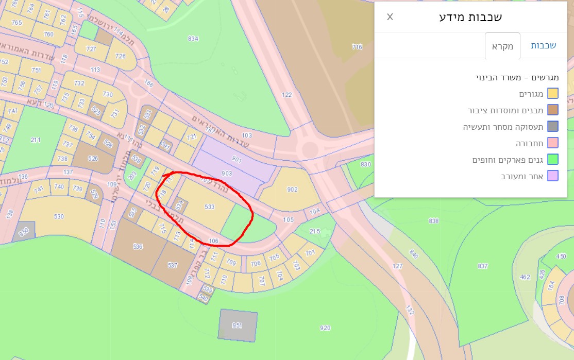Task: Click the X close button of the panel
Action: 390,16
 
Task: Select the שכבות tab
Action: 543,46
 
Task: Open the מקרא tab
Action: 502,46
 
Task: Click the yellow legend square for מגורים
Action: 553,94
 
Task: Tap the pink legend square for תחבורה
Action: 553,143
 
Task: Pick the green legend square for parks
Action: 553,160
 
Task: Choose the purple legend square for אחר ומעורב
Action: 553,176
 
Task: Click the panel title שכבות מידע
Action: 470,17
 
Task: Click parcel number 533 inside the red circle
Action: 209,207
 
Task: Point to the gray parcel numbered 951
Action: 237,325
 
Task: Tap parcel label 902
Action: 293,190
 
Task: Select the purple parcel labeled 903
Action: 227,173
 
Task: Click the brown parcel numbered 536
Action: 138,247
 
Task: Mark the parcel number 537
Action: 173,265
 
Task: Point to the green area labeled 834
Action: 193,39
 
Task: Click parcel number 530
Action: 59,217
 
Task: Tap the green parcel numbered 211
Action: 36,140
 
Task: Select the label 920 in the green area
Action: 325,328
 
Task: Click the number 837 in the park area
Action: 483,266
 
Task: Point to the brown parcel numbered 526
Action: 93,159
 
